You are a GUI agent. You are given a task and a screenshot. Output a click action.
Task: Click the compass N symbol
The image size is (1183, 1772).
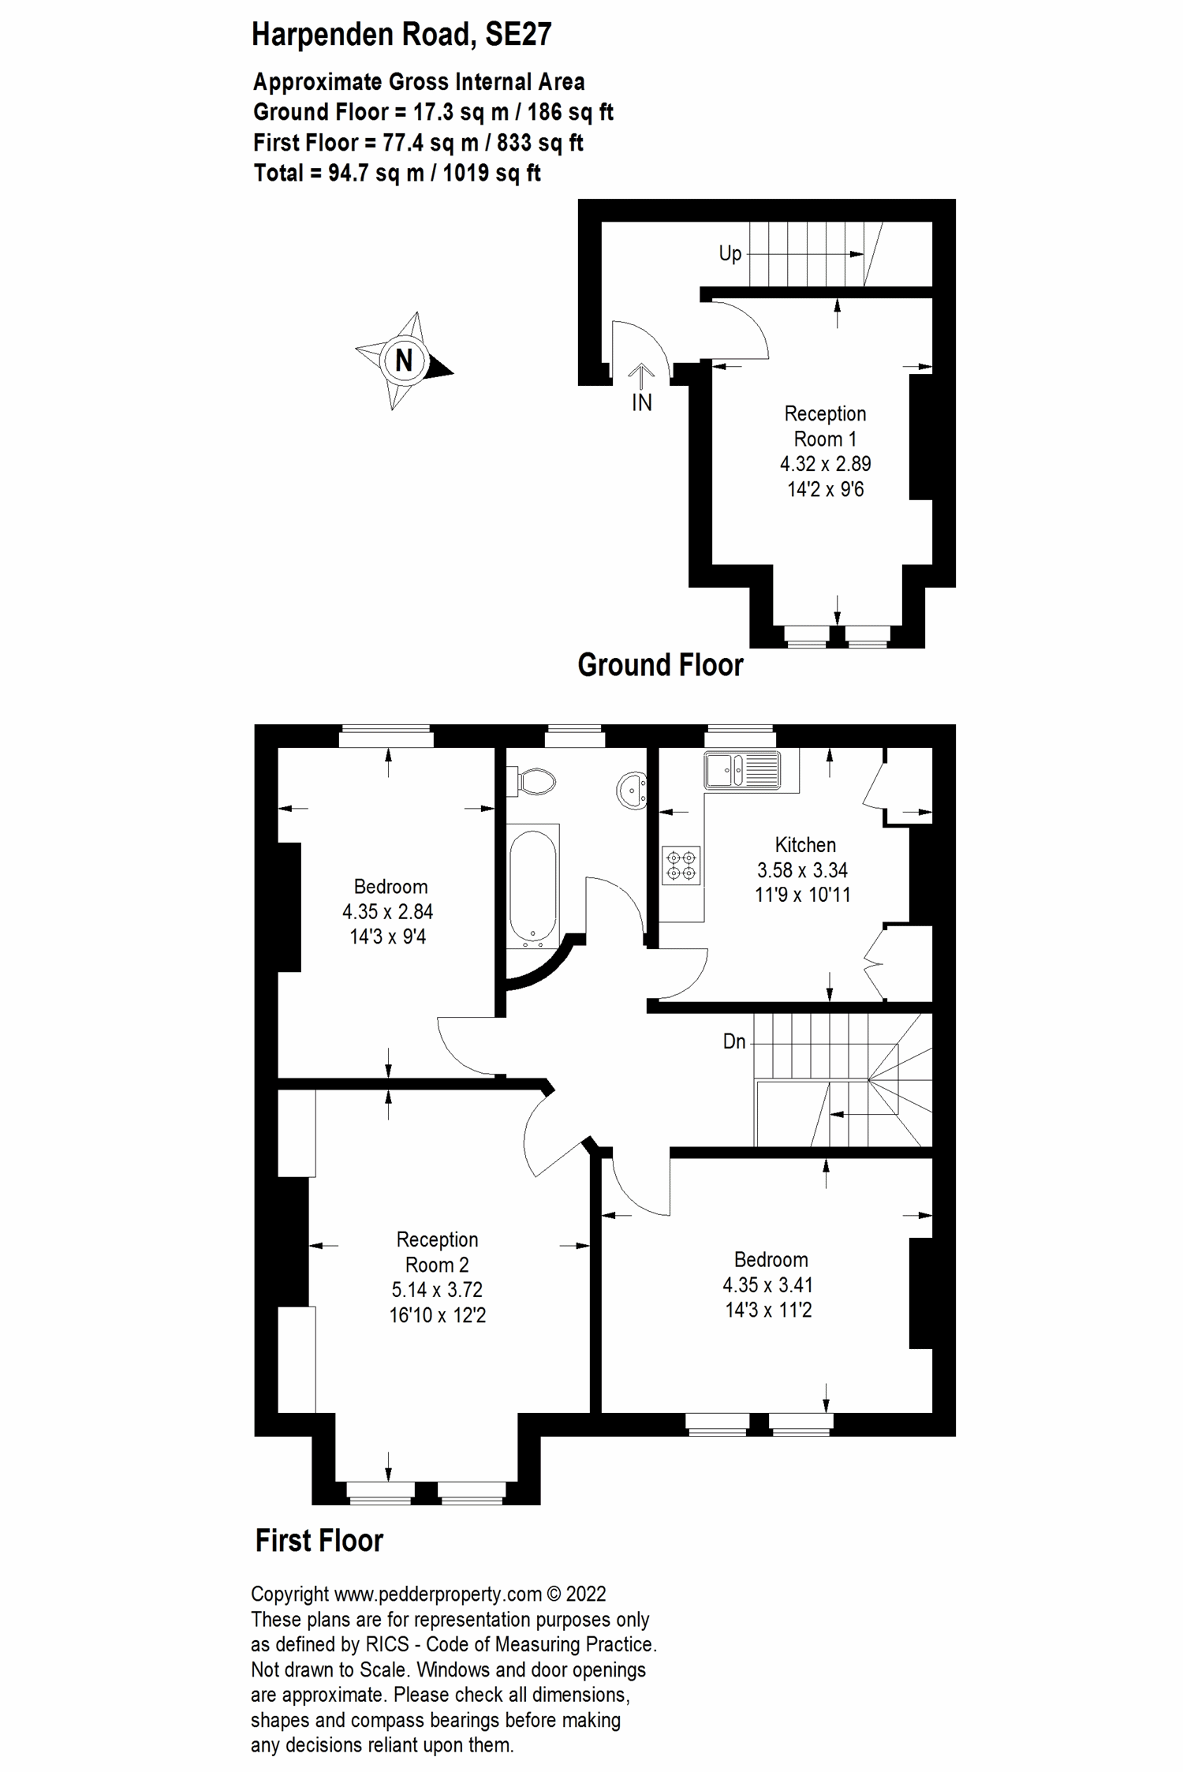[403, 361]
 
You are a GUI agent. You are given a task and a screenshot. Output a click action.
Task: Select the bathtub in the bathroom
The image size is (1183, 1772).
[534, 885]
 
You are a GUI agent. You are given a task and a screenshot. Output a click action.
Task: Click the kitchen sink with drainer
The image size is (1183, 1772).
[743, 769]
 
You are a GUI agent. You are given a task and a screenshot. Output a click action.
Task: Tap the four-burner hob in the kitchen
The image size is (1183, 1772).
[681, 864]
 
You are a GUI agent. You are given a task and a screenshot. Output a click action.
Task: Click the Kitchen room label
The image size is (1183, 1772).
[805, 845]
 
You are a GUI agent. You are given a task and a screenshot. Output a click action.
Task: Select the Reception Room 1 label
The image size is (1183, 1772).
[825, 426]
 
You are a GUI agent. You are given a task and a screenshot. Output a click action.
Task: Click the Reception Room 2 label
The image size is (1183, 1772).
[437, 1252]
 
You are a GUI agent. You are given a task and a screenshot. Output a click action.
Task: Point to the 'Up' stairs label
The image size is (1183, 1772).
[730, 253]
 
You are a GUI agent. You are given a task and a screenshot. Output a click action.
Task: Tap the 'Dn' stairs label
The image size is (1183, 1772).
[734, 1041]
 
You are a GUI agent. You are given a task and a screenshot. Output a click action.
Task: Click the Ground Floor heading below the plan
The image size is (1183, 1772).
[660, 665]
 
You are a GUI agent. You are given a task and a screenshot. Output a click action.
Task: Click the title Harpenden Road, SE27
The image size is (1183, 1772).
[401, 35]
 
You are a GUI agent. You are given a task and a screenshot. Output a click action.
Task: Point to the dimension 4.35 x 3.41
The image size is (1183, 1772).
[767, 1284]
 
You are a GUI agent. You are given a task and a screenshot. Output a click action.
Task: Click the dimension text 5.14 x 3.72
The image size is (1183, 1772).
[437, 1289]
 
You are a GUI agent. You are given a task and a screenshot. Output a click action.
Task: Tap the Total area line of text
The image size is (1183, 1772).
[397, 173]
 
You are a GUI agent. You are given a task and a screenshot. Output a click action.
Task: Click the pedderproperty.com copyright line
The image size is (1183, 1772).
[428, 1594]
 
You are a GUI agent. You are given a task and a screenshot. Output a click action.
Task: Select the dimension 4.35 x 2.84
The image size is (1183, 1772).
[388, 911]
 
